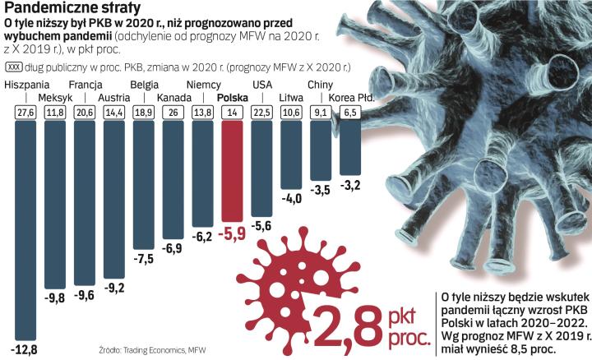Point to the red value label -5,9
click(x=233, y=233)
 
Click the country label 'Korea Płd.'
click(x=352, y=98)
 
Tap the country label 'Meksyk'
click(x=55, y=99)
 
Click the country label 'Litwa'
click(x=292, y=99)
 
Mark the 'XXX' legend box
click(x=14, y=68)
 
